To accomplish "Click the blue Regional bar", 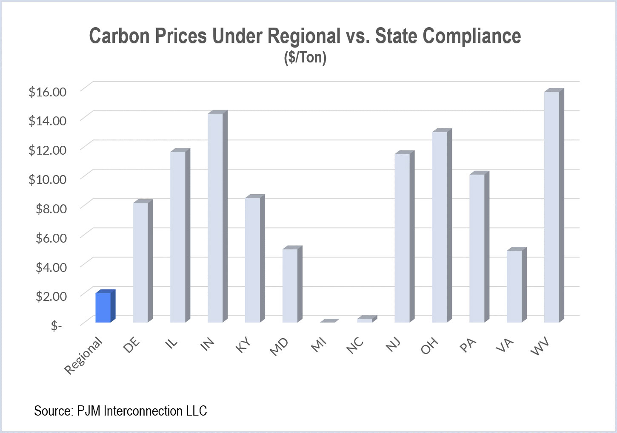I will point(103,307).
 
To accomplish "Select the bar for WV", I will point(552,207).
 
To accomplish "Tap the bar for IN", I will point(215,218).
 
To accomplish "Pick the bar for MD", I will point(290,286).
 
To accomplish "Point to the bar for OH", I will point(440,227).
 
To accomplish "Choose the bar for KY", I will point(253,260).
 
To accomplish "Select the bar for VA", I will point(514,286).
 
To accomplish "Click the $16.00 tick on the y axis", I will point(48,91).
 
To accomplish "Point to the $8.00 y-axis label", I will point(51,208).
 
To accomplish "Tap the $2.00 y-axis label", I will point(51,296).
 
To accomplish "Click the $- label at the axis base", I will point(56,326).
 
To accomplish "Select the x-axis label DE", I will point(131,346).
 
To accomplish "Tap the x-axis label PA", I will point(468,345).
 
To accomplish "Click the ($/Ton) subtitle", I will point(305,57).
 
